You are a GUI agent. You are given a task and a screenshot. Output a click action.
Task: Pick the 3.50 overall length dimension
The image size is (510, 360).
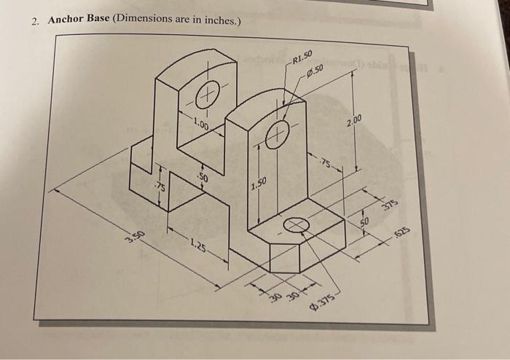135,237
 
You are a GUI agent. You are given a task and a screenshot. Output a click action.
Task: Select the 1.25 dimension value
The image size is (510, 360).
196,244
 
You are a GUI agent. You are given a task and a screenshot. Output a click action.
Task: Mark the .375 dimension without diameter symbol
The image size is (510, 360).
391,205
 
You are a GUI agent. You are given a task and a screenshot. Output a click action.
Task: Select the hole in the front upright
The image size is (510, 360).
277,136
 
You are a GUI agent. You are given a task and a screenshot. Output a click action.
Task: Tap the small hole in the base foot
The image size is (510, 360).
295,225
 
